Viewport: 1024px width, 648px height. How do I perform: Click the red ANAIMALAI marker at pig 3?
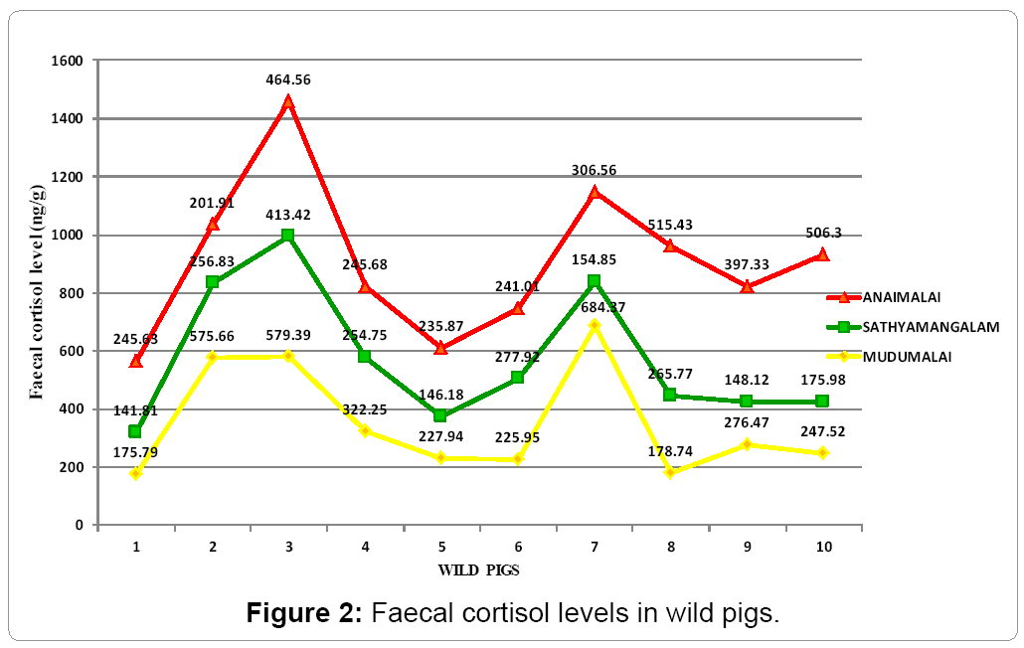tap(288, 102)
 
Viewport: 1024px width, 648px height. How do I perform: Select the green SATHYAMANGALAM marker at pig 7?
tap(595, 281)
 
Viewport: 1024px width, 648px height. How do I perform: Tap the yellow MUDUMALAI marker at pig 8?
tap(670, 472)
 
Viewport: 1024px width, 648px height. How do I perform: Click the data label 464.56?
tap(288, 80)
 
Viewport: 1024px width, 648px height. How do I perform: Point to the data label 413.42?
tap(288, 214)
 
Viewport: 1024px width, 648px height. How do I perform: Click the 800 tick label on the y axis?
tap(75, 293)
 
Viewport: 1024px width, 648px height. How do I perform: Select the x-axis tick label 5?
tap(441, 547)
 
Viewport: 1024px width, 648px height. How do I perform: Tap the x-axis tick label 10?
tap(823, 547)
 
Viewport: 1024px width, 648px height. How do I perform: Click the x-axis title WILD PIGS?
tap(479, 570)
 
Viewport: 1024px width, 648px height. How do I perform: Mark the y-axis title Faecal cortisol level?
tap(36, 293)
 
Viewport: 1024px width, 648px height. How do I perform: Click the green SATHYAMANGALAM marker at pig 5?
tap(441, 415)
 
